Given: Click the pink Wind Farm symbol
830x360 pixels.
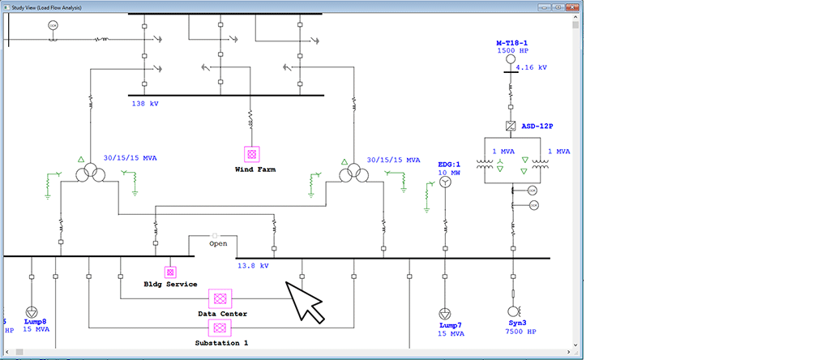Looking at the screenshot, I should (251, 153).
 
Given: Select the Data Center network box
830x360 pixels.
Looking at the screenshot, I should (218, 298).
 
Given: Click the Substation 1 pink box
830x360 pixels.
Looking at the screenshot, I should (218, 328).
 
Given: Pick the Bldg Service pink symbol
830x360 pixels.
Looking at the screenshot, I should (170, 272).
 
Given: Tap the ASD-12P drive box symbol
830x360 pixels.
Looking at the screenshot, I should (511, 126).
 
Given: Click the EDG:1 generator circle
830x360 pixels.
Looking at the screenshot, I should (444, 183).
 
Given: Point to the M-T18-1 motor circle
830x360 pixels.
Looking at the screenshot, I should (511, 59).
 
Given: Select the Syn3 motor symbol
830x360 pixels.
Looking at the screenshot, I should (512, 311).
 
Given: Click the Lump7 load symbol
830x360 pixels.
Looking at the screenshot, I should (444, 313).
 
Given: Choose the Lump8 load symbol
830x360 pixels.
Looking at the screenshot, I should (32, 312).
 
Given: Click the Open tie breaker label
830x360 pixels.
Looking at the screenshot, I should (218, 243).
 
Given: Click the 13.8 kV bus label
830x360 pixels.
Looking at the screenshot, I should (253, 265).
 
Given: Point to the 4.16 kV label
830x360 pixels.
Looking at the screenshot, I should (532, 68).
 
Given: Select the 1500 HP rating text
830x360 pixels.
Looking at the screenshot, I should (512, 50).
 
